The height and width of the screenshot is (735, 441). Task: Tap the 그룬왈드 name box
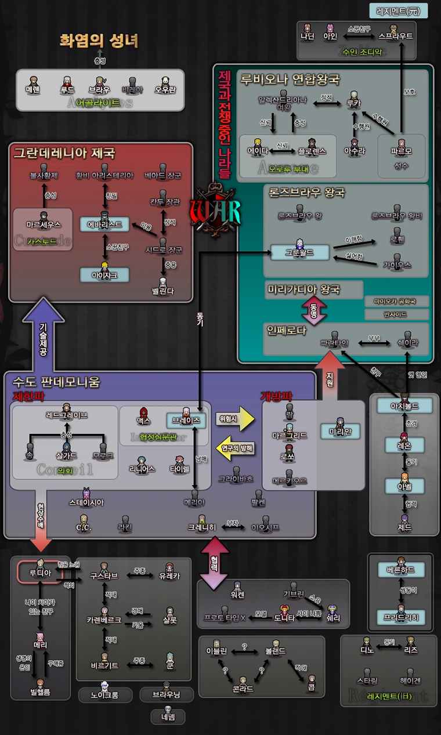[x=300, y=253]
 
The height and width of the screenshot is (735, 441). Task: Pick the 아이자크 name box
[x=104, y=275]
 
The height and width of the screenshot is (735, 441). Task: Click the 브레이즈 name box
[x=186, y=420]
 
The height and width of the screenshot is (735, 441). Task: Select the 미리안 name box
[x=341, y=432]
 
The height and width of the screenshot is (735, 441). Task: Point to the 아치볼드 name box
[x=404, y=405]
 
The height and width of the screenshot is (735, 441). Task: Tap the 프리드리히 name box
[x=400, y=617]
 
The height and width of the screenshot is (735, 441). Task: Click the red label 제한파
[x=29, y=396]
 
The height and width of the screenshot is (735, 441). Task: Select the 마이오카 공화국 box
[x=397, y=302]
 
